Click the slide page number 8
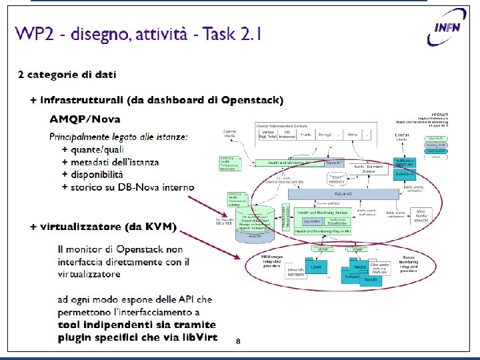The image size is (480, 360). click(238, 341)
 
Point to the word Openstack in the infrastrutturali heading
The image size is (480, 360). click(252, 100)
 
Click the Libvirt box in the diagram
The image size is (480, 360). click(316, 267)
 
